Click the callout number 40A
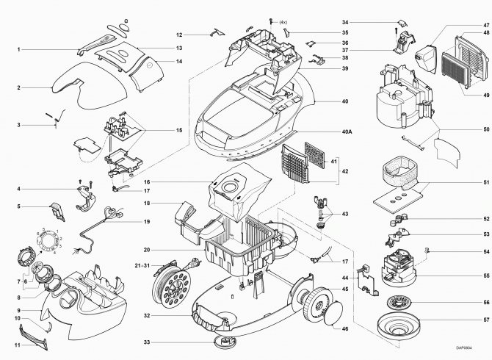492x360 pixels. tap(347, 132)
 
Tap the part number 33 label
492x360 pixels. tap(147, 342)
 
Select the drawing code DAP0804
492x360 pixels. tap(464, 348)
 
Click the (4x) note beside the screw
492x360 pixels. tap(283, 22)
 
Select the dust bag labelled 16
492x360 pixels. tap(239, 192)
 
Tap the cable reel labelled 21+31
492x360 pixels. tap(172, 287)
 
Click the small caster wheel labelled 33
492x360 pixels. tap(225, 342)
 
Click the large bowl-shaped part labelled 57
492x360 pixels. tap(399, 325)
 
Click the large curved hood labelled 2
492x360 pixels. tap(90, 85)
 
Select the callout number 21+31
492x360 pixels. tap(142, 265)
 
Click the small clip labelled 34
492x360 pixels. tap(402, 23)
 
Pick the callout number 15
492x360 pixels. tap(179, 130)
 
